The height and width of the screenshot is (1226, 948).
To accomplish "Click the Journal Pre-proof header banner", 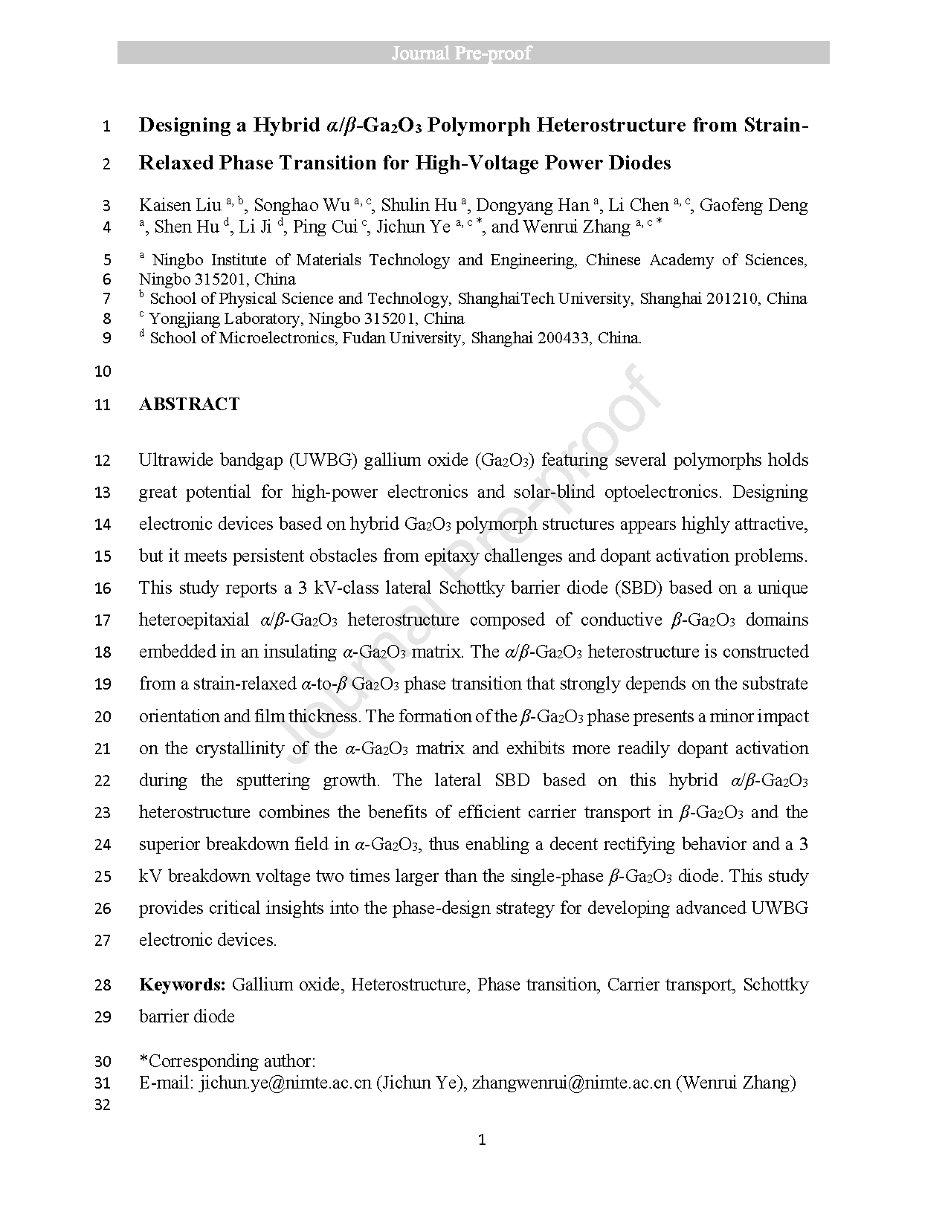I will point(473,53).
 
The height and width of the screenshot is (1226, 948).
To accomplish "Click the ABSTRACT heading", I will point(189,404).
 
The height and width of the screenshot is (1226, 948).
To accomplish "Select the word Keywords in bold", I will point(182,985).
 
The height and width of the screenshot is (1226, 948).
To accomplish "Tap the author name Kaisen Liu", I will point(180,205).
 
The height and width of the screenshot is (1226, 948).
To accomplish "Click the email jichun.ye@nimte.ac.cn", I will point(285,1083).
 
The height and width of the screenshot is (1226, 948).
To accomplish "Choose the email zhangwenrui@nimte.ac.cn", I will point(571,1083).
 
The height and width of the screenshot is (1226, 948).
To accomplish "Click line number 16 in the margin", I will point(103,588).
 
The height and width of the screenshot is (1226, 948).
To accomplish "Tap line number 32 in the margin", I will point(103,1105).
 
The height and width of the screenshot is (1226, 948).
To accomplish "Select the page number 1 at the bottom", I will point(482,1140).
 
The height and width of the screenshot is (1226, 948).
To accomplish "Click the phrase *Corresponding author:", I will point(228,1061).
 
